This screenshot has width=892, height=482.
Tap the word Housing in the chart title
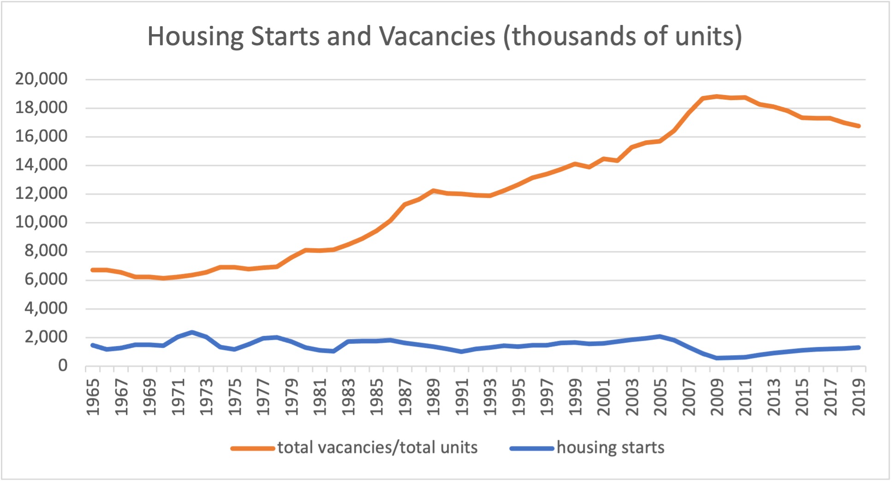tap(196, 37)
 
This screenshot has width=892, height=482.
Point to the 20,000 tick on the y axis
tap(42, 79)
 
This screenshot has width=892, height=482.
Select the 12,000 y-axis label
tap(42, 193)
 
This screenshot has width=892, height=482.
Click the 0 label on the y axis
tap(63, 366)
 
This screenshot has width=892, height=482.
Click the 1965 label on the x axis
tap(93, 397)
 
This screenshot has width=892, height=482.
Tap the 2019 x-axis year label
tap(859, 397)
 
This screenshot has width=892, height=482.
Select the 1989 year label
tap(434, 397)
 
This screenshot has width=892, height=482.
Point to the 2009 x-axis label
tap(717, 397)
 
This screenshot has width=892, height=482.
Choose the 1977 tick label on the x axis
tap(263, 397)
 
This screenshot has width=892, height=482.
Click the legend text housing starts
tap(610, 447)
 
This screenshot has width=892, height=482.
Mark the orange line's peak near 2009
tap(717, 96)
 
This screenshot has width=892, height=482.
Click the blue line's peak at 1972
tap(192, 332)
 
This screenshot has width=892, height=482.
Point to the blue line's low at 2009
tap(717, 358)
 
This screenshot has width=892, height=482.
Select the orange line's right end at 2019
tap(859, 126)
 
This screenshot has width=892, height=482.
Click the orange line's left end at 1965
tap(93, 270)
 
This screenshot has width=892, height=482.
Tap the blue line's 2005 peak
tap(660, 336)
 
